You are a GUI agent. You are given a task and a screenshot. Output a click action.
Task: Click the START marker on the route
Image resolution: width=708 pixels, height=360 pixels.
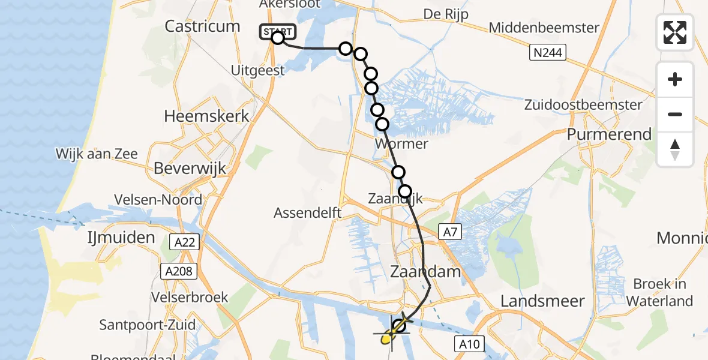pos(277,32)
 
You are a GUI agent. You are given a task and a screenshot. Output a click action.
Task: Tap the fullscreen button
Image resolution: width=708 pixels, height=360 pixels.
pos(675,32)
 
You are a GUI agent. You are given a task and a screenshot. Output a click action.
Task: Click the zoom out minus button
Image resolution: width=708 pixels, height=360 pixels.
pos(675,114)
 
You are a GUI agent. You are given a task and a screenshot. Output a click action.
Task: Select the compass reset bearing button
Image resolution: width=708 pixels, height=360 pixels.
pos(675,149)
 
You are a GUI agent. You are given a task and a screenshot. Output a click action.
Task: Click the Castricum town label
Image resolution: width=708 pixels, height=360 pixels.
pos(202,26)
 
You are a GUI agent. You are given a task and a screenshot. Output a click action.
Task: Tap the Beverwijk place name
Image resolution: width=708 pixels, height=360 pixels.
pos(190,169)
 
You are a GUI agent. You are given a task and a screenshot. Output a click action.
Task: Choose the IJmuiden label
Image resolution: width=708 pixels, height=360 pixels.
pos(121,238)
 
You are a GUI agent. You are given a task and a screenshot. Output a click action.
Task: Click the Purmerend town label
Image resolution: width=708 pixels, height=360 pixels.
pos(610,134)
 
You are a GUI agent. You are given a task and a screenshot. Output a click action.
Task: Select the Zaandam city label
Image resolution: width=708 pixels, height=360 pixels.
pos(426,272)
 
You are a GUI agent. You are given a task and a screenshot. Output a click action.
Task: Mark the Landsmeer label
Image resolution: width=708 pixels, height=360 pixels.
pos(542,301)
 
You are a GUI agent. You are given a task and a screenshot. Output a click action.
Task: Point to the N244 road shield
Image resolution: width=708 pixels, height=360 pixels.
pos(548,53)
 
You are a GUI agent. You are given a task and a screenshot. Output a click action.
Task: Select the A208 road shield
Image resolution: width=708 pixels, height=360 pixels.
pos(178,271)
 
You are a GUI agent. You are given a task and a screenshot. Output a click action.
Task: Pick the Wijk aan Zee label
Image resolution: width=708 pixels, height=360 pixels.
pos(97,154)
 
